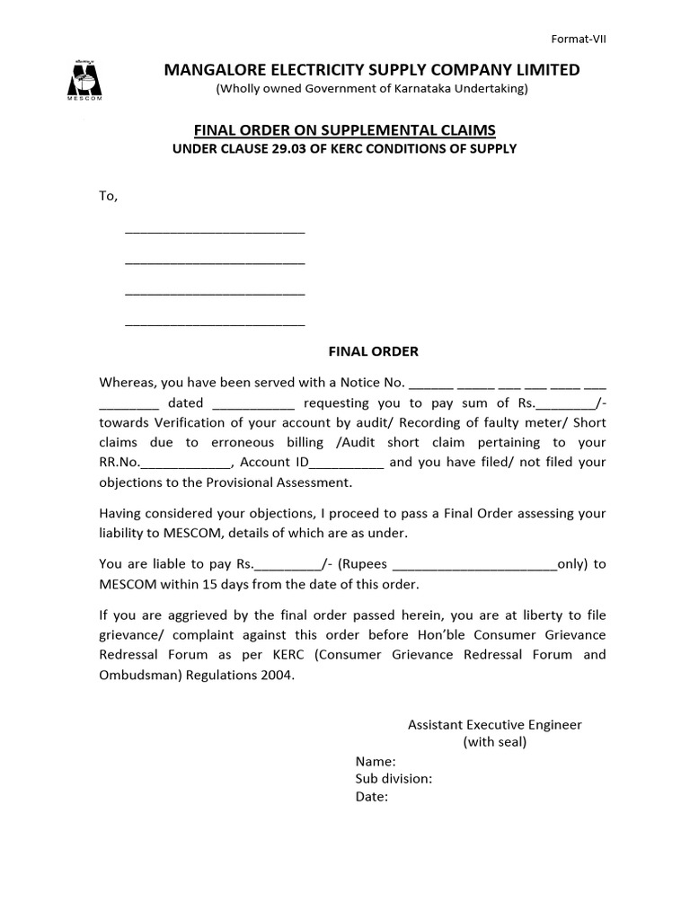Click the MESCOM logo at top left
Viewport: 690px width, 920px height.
(86, 79)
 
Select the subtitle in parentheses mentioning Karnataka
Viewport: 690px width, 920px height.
(371, 89)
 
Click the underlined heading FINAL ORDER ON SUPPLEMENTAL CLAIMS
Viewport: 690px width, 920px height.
(344, 130)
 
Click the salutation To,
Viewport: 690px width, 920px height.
(108, 196)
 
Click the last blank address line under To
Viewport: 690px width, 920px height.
(215, 322)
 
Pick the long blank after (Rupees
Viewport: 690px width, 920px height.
(475, 566)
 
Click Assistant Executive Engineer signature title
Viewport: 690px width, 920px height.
(495, 724)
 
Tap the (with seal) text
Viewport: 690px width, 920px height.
(495, 742)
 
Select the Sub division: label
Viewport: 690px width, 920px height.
(394, 778)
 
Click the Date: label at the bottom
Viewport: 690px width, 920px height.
(371, 796)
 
